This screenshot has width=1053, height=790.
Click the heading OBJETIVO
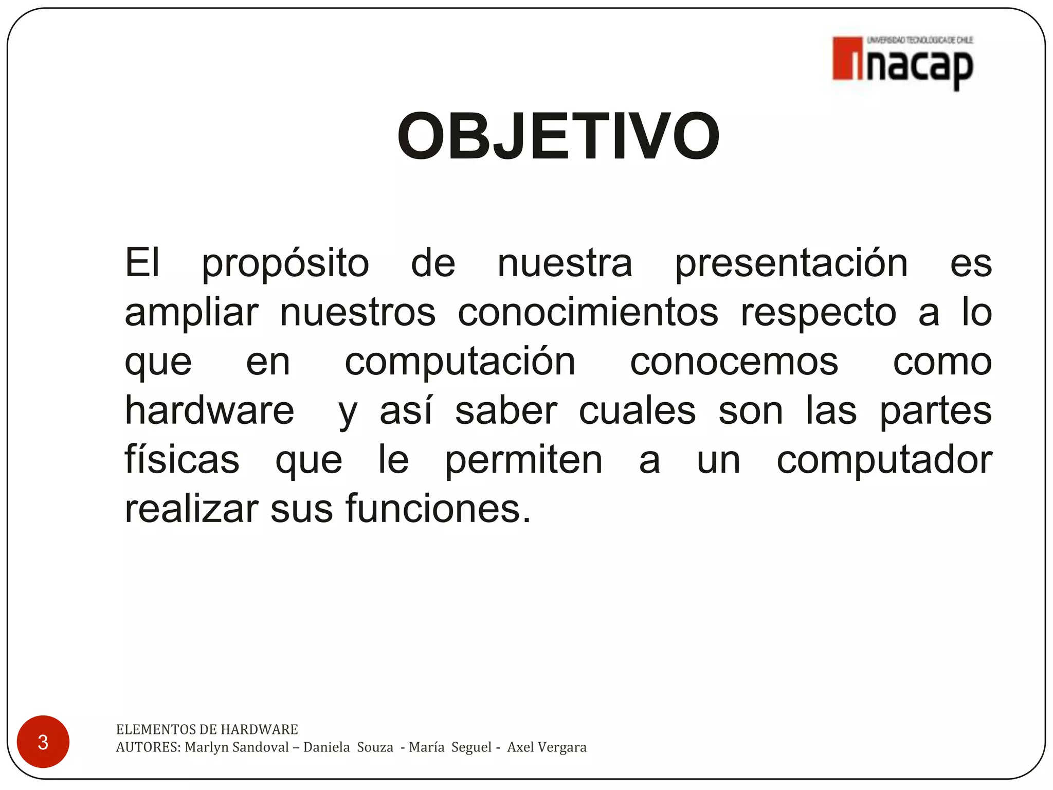tap(558, 137)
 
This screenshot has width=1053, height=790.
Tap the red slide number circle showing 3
tap(43, 742)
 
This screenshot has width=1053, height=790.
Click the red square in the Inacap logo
tap(847, 59)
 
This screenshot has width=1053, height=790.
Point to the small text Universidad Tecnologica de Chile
tap(920, 40)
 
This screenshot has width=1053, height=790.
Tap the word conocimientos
tap(588, 313)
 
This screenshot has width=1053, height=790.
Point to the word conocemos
tap(734, 362)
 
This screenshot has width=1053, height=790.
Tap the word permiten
tap(523, 461)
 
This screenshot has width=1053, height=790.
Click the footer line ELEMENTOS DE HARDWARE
tap(207, 729)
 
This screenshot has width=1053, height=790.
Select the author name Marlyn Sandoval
tap(237, 747)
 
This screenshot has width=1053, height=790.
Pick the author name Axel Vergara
tap(547, 747)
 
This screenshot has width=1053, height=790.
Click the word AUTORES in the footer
tap(148, 747)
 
